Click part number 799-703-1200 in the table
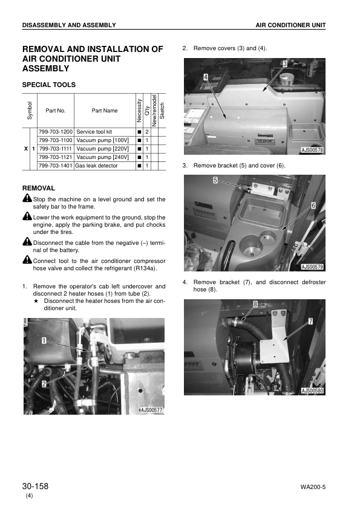(56, 131)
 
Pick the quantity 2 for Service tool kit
(146, 131)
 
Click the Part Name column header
(104, 111)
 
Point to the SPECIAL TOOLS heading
(48, 85)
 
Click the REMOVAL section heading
(38, 188)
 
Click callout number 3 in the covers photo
(284, 63)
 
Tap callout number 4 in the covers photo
(206, 77)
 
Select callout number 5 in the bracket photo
(215, 180)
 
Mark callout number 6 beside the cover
(313, 206)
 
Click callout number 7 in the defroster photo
(310, 322)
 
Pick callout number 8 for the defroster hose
(256, 304)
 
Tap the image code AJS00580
(312, 391)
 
